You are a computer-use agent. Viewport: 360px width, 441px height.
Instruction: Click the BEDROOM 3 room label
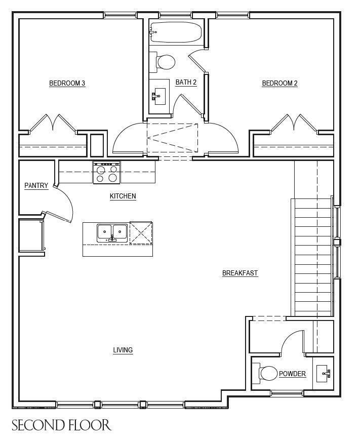click(x=67, y=84)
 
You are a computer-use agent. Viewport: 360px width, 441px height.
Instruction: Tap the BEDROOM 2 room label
click(x=279, y=84)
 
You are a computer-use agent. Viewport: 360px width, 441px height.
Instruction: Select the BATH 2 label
click(x=186, y=83)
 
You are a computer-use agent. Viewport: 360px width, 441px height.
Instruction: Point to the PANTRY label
click(x=36, y=186)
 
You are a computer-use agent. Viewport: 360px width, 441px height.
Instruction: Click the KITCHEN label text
click(x=123, y=196)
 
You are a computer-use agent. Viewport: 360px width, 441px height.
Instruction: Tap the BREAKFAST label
click(x=240, y=273)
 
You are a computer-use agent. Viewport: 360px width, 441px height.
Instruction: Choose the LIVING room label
click(x=123, y=350)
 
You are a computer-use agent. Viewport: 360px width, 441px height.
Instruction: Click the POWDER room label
click(x=292, y=374)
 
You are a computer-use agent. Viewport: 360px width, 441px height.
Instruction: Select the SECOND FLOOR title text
click(x=61, y=425)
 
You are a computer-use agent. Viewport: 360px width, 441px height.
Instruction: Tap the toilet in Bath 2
click(x=165, y=62)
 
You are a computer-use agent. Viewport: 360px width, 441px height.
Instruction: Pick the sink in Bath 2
click(x=159, y=95)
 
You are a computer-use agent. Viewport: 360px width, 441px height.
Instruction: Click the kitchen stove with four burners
click(x=106, y=172)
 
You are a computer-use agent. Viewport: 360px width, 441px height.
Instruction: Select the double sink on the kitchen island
click(x=112, y=232)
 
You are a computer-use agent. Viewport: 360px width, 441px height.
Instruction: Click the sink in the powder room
click(x=323, y=374)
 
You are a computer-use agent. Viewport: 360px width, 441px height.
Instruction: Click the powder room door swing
click(x=293, y=341)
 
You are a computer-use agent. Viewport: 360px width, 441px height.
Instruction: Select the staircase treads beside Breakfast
click(x=311, y=256)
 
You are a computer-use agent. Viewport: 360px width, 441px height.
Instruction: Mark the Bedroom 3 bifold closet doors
click(x=53, y=123)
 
